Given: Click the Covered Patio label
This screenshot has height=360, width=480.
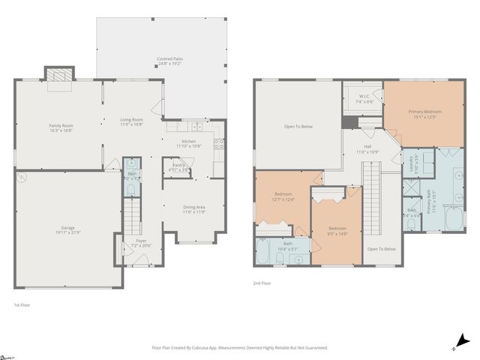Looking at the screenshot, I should tap(169, 58).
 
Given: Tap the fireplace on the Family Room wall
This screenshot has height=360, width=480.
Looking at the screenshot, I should tap(59, 75).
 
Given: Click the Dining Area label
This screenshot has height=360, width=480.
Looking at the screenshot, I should tap(194, 207).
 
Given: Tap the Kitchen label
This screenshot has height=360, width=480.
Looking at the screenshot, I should tap(188, 141).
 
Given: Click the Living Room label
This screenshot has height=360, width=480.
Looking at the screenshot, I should tap(131, 119).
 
